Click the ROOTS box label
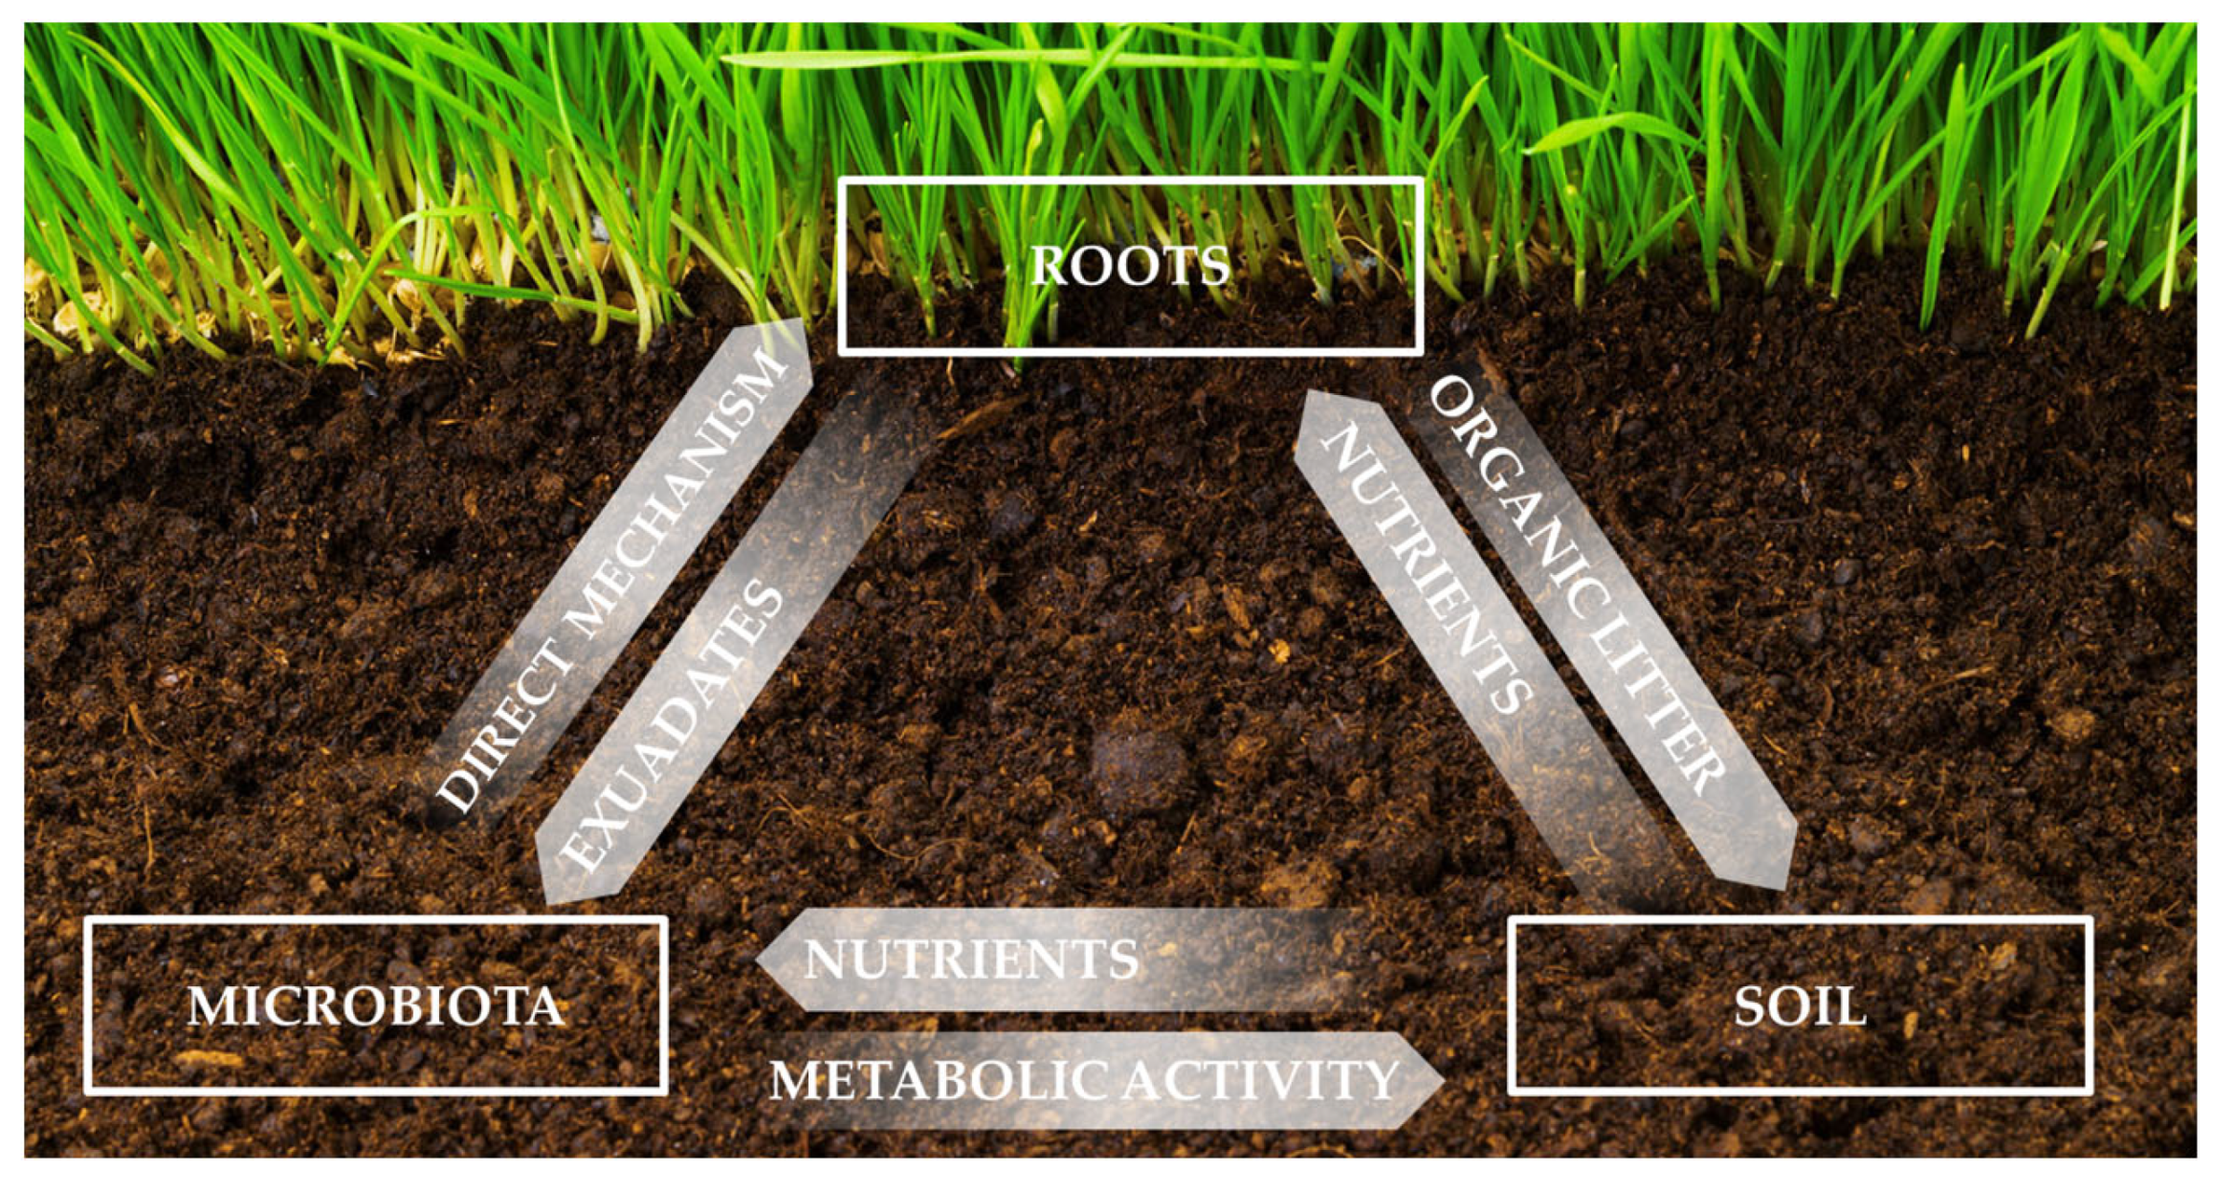[x=1129, y=266]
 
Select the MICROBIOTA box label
[x=375, y=1006]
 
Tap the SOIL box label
[x=1800, y=1006]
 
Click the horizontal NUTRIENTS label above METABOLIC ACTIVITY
[x=971, y=960]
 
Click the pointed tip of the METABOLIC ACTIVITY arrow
[x=1441, y=1079]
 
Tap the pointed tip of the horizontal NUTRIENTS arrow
[x=760, y=959]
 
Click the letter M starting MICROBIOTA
[x=209, y=1006]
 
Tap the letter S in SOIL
[x=1751, y=1006]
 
